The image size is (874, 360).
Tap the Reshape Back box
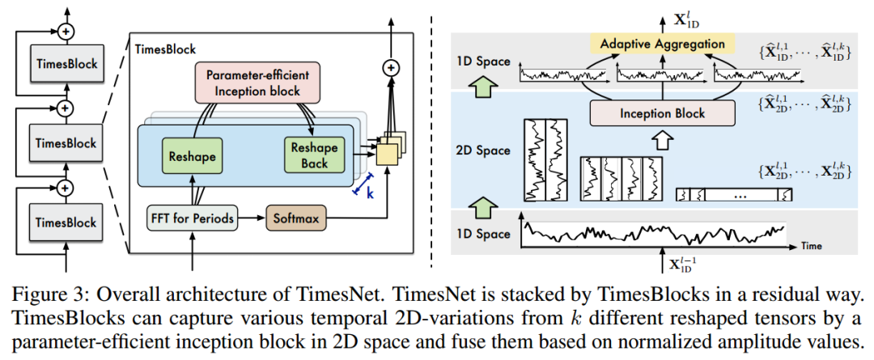pos(309,153)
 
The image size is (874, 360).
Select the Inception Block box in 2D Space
pos(663,113)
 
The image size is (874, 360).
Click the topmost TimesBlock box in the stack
pos(66,64)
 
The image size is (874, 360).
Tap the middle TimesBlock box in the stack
pos(66,143)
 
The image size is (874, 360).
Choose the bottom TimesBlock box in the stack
pos(66,222)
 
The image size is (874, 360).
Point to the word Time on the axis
pos(812,242)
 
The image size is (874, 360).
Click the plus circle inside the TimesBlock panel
pos(392,68)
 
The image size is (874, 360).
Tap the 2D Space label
pos(483,150)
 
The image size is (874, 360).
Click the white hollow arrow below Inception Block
pos(663,142)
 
